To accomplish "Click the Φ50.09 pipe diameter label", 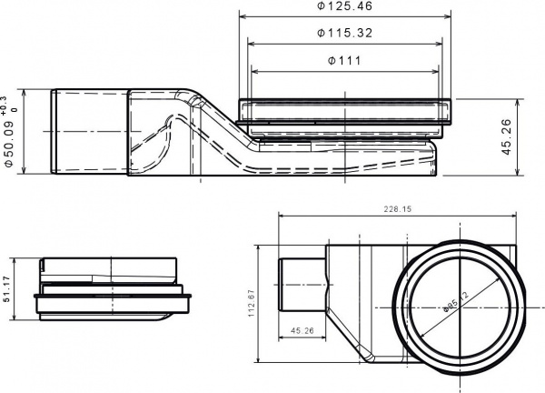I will (x=9, y=144).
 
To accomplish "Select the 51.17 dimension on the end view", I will (x=9, y=295).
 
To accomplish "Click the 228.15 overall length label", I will (x=397, y=209).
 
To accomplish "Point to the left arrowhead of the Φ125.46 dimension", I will (x=242, y=15).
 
